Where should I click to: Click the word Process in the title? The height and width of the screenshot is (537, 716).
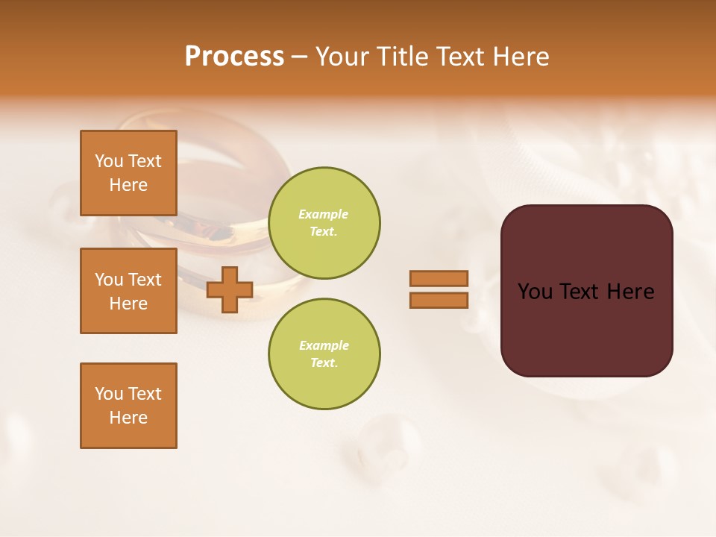(x=234, y=57)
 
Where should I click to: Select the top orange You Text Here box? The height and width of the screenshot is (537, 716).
(x=128, y=173)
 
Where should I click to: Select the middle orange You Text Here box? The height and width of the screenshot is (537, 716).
(x=128, y=291)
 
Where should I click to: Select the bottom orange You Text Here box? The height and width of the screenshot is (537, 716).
(x=128, y=406)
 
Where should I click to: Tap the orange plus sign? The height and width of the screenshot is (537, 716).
(x=230, y=289)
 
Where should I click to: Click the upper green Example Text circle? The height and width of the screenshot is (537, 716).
(x=324, y=223)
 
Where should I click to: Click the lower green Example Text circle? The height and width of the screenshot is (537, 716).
(x=324, y=354)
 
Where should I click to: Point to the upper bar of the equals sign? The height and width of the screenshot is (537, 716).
(x=439, y=278)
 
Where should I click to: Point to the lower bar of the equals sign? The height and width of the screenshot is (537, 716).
(x=439, y=300)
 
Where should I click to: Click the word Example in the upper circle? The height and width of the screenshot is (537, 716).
(x=324, y=214)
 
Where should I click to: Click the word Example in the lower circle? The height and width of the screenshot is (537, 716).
(x=324, y=345)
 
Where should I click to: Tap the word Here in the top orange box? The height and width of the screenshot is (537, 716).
(x=128, y=185)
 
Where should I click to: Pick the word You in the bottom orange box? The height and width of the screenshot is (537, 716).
(x=109, y=394)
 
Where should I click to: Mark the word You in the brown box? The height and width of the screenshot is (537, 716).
(x=535, y=292)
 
